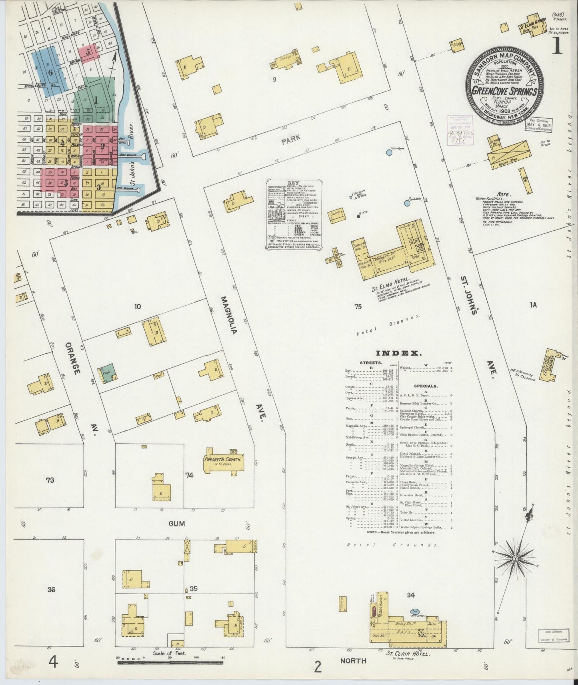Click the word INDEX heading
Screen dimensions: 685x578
pos(398,353)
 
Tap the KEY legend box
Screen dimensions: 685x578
pos(294,215)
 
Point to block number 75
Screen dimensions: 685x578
pos(357,307)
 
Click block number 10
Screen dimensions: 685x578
pos(138,307)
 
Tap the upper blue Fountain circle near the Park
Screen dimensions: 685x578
pos(389,152)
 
